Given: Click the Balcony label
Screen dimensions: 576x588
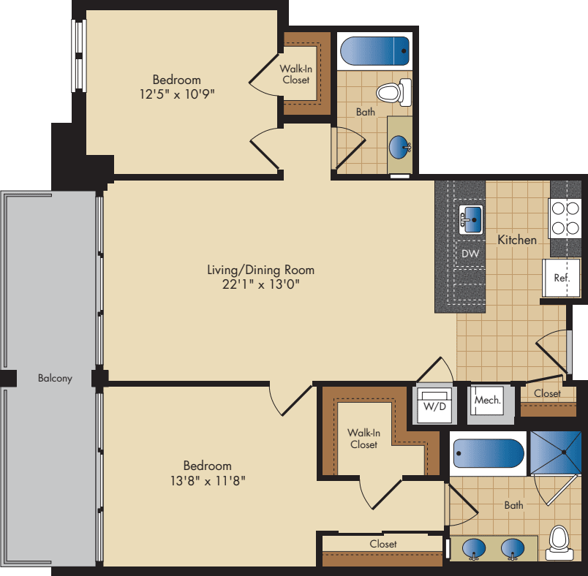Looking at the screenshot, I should click(55, 379).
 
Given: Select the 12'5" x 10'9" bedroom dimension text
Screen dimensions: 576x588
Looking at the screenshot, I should click(176, 94).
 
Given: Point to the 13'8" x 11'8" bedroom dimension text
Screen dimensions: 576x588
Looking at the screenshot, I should click(207, 480).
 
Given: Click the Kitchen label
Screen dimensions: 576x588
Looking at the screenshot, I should click(517, 240).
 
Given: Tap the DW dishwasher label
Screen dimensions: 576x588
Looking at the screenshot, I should click(470, 254).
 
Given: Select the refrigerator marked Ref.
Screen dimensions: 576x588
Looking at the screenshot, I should click(561, 278).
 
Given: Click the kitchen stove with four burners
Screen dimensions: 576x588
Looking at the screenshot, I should click(565, 218).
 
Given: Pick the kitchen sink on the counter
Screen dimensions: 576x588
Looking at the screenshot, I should click(472, 218).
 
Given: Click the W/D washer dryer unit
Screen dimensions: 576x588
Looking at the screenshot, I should click(435, 404).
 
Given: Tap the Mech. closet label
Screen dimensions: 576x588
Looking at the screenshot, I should click(487, 401).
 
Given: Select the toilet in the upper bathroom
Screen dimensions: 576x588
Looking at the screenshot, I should click(391, 93).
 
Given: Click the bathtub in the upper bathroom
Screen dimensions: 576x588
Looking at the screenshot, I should click(374, 51).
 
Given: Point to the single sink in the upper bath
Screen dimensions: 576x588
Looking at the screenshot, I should click(400, 147).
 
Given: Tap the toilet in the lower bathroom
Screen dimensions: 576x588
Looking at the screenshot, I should click(559, 542).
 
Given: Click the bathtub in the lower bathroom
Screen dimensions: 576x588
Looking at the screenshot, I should click(489, 453).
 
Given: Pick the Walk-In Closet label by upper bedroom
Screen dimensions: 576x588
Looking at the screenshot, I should click(295, 75).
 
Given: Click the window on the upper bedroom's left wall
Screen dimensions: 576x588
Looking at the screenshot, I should click(78, 56).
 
